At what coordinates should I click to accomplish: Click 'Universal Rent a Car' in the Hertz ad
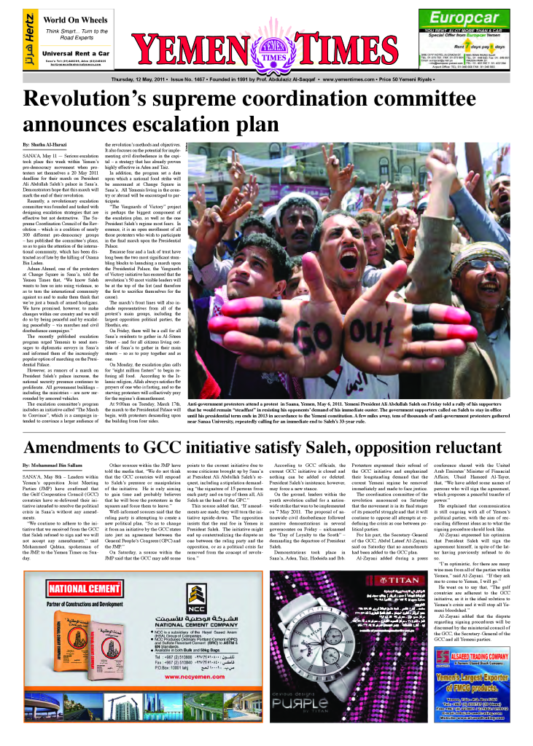pyautogui.click(x=76, y=53)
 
